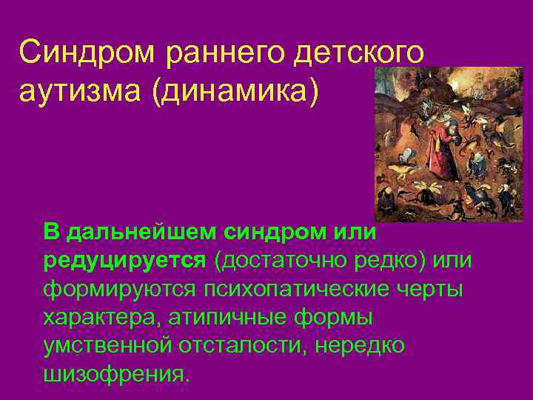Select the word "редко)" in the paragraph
tap(392, 261)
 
